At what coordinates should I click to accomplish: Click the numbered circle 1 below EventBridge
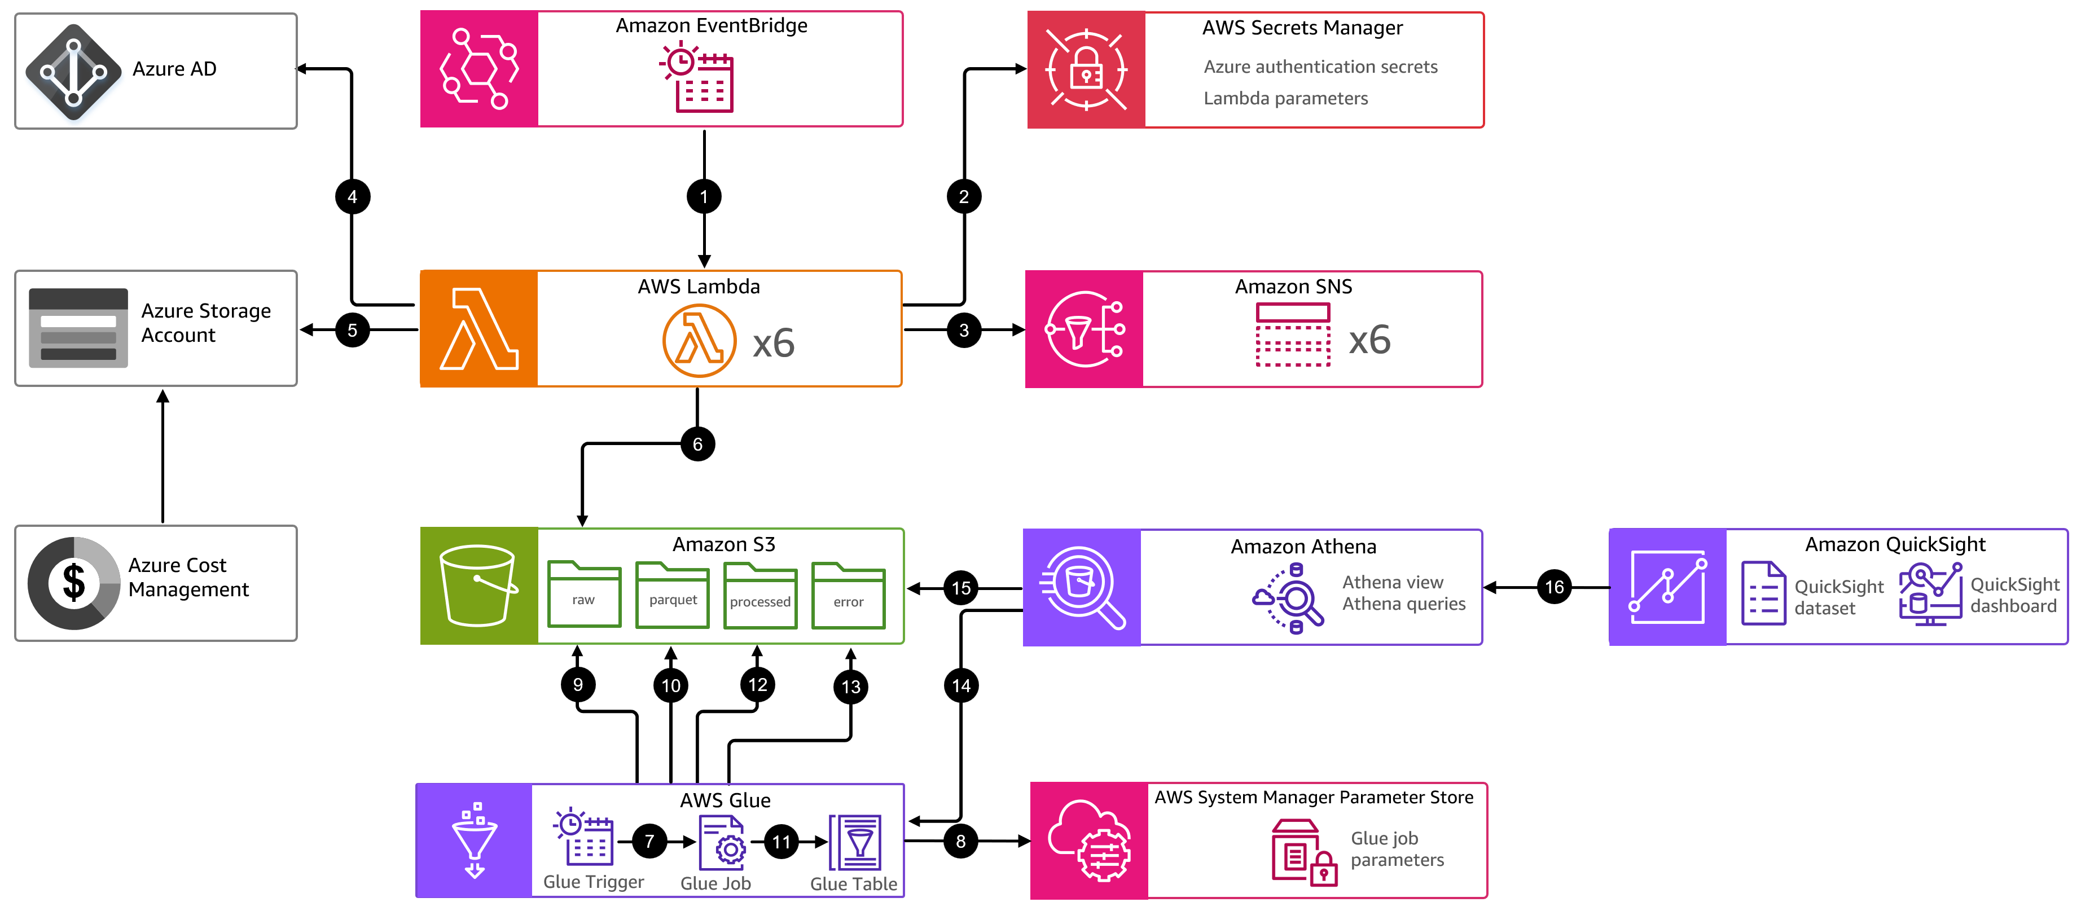tap(704, 196)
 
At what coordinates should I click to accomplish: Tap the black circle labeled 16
tap(1553, 587)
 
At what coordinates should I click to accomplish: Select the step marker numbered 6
tap(697, 444)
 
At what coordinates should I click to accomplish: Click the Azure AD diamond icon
tap(73, 72)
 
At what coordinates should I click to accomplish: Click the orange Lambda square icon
tap(479, 329)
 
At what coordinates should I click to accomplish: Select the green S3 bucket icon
tap(478, 586)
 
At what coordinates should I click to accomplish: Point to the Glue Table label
tap(853, 883)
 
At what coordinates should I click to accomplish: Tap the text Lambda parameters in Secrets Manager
tap(1285, 99)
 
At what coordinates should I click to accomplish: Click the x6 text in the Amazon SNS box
tap(1369, 340)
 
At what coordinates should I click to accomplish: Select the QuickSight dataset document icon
tap(1763, 593)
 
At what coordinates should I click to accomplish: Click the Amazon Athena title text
tap(1303, 547)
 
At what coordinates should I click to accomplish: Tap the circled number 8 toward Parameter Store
tap(960, 840)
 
